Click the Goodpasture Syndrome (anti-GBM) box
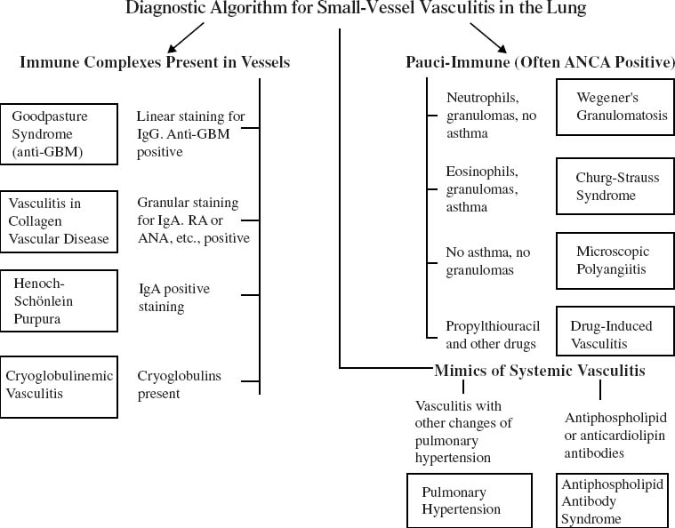point(59,133)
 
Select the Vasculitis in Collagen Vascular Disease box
point(59,220)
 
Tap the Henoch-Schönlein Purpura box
point(59,299)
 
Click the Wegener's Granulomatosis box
point(613,108)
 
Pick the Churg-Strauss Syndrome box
point(613,187)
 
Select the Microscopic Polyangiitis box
point(613,260)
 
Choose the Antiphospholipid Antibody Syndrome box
point(613,501)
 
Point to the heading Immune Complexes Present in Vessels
point(155,63)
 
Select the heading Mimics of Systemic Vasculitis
point(540,370)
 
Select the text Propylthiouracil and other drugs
point(493,334)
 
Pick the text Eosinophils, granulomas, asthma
point(481,188)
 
